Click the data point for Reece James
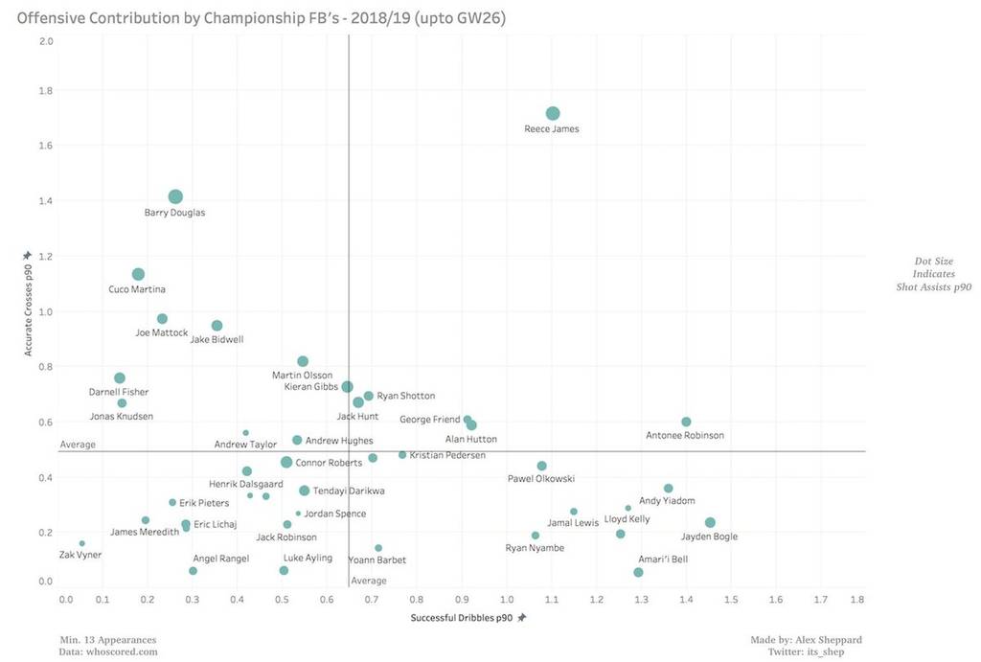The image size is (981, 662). [x=553, y=114]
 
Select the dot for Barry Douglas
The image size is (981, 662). [x=175, y=197]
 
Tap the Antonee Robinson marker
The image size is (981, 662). [x=686, y=422]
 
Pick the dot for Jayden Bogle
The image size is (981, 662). [x=710, y=523]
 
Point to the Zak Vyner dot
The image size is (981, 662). [x=82, y=543]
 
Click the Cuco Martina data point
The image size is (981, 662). [x=138, y=275]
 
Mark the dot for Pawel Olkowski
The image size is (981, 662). [x=542, y=466]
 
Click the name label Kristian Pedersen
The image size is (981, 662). [x=446, y=455]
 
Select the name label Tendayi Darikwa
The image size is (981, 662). [x=350, y=491]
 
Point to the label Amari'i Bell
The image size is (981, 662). [x=663, y=559]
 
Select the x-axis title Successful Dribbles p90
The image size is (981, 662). [x=462, y=618]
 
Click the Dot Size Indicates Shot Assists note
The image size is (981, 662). [x=933, y=274]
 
